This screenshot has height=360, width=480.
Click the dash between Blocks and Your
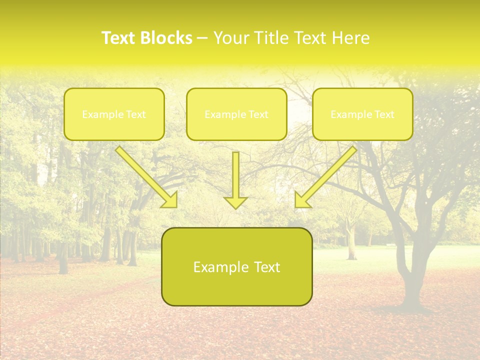click(202, 38)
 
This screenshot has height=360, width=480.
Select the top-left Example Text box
click(114, 114)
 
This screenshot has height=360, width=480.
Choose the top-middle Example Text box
click(236, 114)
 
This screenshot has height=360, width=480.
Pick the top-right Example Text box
click(362, 114)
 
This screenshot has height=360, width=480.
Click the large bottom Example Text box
click(236, 266)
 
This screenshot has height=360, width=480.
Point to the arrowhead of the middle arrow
click(235, 202)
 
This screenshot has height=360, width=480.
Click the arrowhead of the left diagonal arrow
click(170, 200)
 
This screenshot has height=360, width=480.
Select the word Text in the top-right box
click(384, 114)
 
